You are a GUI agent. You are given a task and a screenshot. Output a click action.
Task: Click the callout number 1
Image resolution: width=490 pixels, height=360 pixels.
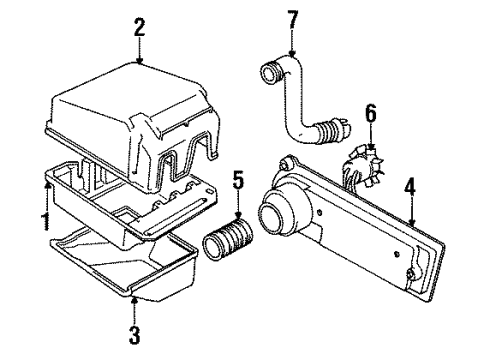[44, 217]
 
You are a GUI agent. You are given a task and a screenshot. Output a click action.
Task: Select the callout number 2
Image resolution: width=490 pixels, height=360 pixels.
[139, 25]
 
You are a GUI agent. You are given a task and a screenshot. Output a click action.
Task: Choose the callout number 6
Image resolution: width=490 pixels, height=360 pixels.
[372, 118]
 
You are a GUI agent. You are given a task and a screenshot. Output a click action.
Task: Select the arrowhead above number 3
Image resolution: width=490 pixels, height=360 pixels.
[134, 297]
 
